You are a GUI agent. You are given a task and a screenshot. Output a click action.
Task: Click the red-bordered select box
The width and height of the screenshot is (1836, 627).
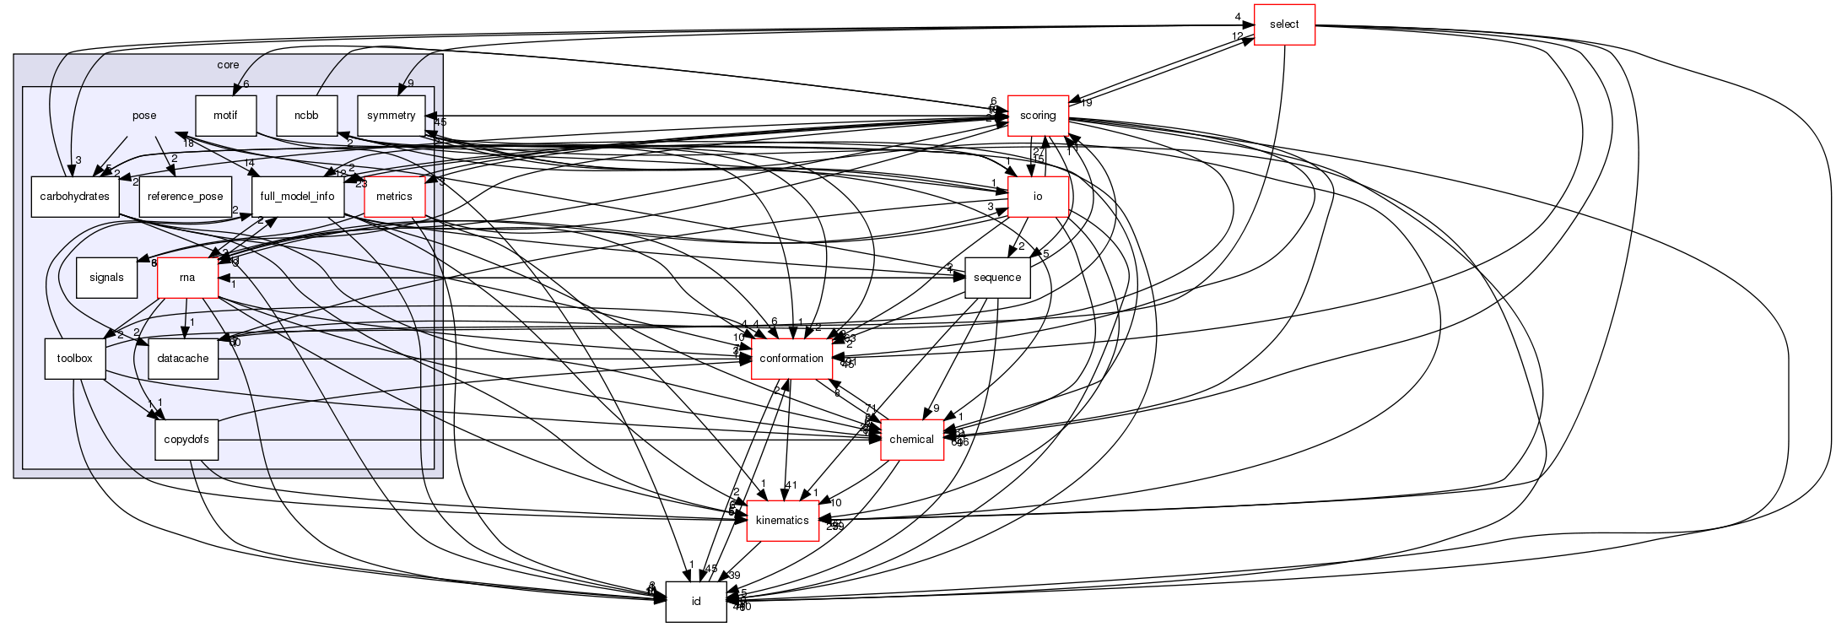[1284, 24]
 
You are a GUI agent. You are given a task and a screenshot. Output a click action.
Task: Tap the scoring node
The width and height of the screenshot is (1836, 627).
[1038, 116]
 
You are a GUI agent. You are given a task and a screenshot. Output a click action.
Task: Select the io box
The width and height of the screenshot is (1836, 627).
[1038, 197]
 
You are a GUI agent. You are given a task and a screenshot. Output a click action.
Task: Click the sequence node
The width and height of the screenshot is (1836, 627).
[997, 278]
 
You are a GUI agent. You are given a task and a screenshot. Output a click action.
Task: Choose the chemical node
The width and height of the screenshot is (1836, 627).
[911, 440]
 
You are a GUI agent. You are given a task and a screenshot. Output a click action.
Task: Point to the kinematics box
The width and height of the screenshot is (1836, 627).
[782, 521]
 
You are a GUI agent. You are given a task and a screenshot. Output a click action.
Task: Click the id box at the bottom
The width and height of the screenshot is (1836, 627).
[696, 602]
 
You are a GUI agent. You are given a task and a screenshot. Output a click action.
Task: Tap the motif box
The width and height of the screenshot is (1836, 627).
[225, 116]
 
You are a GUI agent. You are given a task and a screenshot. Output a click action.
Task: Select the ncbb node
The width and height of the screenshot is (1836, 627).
[306, 116]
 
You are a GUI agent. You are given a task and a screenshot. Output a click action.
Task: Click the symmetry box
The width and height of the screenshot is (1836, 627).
[392, 116]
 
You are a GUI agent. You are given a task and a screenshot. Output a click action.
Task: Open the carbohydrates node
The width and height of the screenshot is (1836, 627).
[74, 197]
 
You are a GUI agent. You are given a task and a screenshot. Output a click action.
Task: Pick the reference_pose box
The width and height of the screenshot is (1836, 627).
[185, 197]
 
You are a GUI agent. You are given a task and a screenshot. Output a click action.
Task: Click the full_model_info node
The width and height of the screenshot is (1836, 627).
[297, 197]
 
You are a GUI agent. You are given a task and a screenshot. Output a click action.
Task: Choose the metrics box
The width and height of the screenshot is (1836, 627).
[394, 197]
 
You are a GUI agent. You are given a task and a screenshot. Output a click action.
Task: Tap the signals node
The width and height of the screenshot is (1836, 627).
[106, 278]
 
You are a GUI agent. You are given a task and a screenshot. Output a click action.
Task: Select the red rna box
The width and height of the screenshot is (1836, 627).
[188, 278]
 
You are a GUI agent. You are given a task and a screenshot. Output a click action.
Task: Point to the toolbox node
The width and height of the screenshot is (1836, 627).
[74, 359]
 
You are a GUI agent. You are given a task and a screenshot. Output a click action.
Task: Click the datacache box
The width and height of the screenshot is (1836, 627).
[184, 359]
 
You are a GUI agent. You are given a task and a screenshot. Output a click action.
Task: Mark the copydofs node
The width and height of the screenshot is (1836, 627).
[186, 440]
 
